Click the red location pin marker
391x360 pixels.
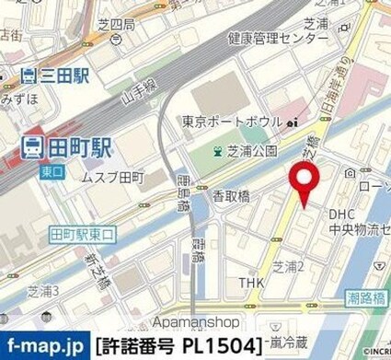point(305,177)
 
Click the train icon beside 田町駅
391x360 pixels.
point(30,145)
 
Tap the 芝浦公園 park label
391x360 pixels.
point(253,151)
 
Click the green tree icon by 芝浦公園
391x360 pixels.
point(218,151)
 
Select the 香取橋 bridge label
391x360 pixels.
point(234,196)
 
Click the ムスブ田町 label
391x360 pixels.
point(114,175)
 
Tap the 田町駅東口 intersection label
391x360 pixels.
point(82,234)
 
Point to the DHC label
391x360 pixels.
point(342,214)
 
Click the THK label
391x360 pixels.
point(252,282)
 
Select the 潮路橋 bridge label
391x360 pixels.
point(363,299)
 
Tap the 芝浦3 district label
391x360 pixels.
point(43,291)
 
